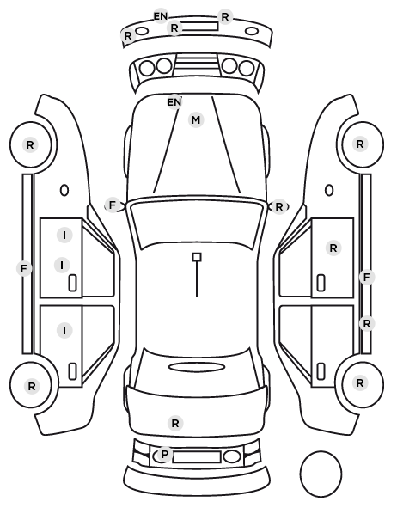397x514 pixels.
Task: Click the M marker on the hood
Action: [x=196, y=120]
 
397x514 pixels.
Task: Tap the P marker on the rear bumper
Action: [x=164, y=455]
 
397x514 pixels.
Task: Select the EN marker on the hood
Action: [x=174, y=102]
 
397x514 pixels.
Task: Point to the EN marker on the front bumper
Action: [x=161, y=16]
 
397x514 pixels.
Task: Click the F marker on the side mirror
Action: [x=112, y=205]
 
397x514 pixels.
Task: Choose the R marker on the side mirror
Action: [x=279, y=207]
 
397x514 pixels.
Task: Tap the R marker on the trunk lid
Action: [x=175, y=423]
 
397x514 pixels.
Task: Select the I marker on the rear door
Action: [x=64, y=330]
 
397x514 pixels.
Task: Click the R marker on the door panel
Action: [x=333, y=248]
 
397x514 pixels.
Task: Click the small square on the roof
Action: [x=197, y=257]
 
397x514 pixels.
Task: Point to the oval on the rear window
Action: [x=197, y=367]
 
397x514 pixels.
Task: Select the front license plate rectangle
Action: [x=200, y=27]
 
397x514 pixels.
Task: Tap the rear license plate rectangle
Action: [x=197, y=457]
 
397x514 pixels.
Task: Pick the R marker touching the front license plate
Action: [x=174, y=28]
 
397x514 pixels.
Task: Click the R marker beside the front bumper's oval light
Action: [x=128, y=35]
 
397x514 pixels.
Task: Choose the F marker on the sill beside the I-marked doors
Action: [x=23, y=269]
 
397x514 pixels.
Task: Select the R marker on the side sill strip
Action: [x=367, y=324]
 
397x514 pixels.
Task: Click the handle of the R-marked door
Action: [x=321, y=283]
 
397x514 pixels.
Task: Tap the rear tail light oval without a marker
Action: [x=232, y=456]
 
